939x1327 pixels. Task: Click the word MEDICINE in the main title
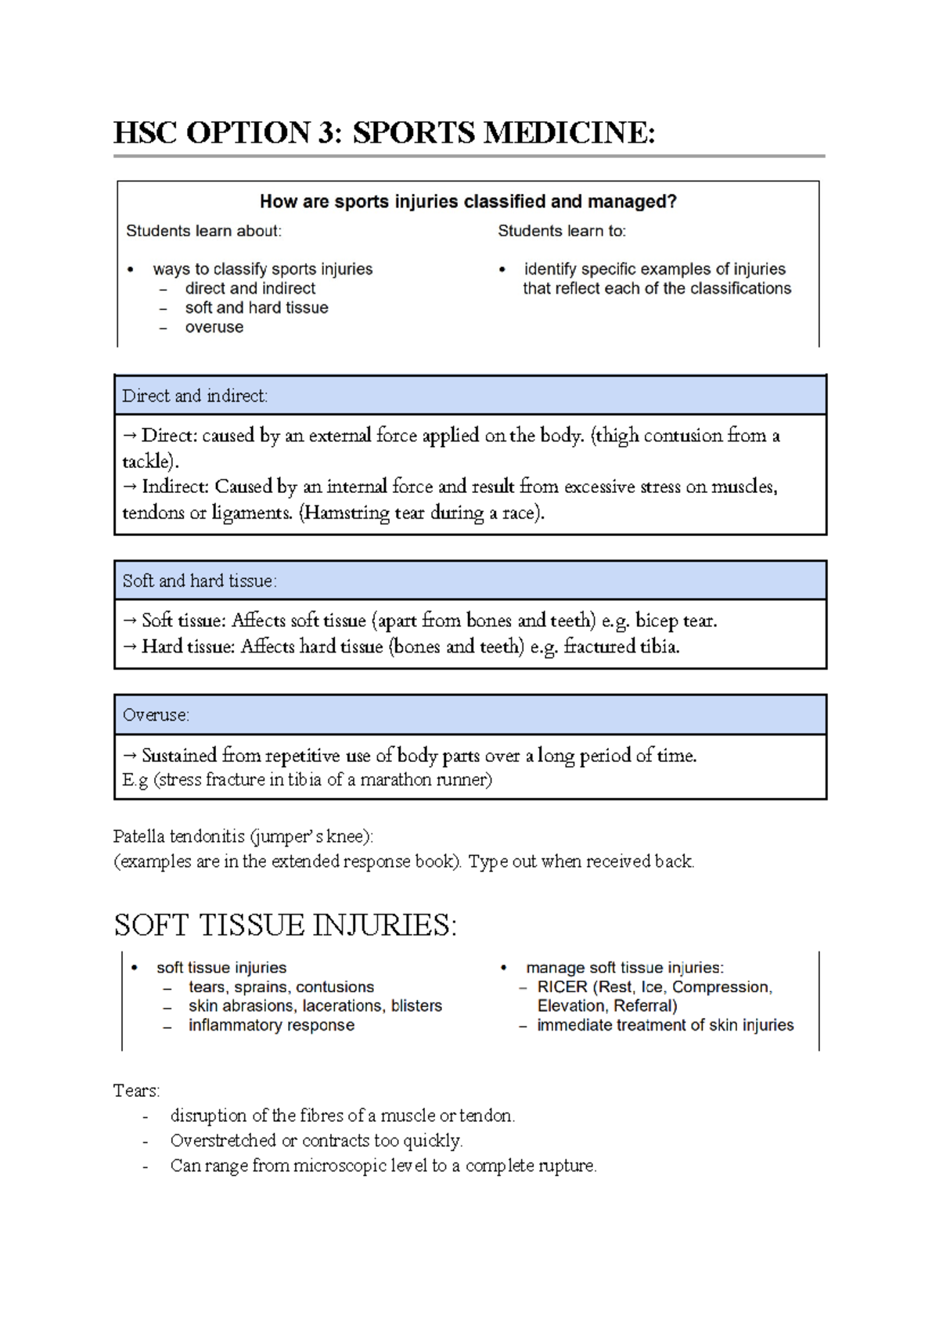pos(570,133)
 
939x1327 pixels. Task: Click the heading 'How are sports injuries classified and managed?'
pos(468,202)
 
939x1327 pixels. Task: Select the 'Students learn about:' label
pos(203,231)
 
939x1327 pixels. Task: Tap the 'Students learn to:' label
pos(562,231)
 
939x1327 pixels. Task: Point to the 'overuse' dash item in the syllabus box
pos(214,328)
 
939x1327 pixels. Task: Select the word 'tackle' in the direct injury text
pos(146,461)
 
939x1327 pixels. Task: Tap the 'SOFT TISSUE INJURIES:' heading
pos(285,926)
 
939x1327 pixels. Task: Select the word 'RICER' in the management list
pos(562,987)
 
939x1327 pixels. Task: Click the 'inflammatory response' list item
pos(271,1026)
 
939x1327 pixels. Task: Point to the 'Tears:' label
pos(136,1091)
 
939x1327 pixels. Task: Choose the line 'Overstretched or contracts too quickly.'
pos(316,1141)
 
